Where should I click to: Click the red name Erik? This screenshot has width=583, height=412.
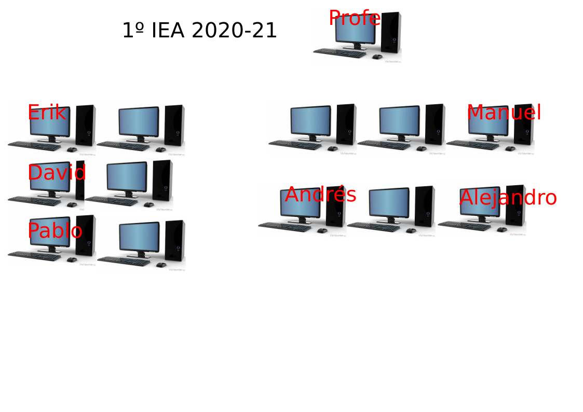click(x=47, y=112)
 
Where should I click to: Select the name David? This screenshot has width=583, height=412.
click(x=57, y=172)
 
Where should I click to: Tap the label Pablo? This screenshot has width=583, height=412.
click(x=55, y=230)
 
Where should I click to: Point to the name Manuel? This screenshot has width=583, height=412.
click(x=504, y=112)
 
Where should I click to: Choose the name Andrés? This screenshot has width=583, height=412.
click(x=320, y=194)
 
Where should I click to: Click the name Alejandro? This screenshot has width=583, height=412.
click(x=508, y=197)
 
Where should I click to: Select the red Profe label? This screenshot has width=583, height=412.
click(x=355, y=18)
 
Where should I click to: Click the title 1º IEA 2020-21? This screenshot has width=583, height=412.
click(x=199, y=30)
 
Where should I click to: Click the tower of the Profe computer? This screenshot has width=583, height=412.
click(x=391, y=33)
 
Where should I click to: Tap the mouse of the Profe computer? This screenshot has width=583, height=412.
click(x=377, y=57)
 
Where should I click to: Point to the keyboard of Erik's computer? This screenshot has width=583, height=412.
click(x=34, y=146)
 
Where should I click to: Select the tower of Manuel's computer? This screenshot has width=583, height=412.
click(x=524, y=125)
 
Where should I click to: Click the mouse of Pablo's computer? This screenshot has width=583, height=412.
click(x=72, y=259)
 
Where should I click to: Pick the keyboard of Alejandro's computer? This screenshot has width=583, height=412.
click(x=465, y=226)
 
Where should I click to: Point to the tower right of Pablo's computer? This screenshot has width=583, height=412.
click(x=175, y=241)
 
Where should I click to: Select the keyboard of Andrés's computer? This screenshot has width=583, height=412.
click(x=285, y=227)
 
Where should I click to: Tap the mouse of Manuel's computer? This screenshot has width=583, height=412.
click(x=510, y=148)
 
